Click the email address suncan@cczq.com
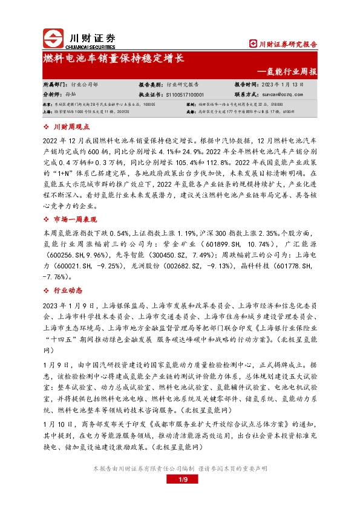(x=286, y=95)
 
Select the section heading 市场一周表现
(x=76, y=219)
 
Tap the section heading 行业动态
(x=67, y=291)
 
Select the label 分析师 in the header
(x=51, y=95)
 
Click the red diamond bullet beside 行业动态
(x=47, y=291)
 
